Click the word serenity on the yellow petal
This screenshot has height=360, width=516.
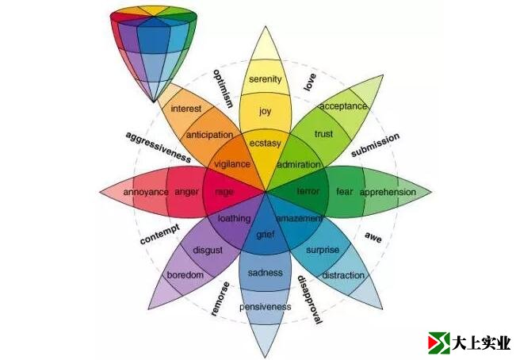[265, 79]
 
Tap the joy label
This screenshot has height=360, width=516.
[265, 111]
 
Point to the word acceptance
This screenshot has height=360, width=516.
[343, 105]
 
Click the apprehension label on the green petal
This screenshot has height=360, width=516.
[388, 192]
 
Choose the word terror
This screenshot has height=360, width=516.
[308, 192]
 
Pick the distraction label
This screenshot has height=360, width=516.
[343, 275]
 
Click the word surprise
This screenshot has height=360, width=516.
[323, 251]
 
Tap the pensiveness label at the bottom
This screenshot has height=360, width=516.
[265, 305]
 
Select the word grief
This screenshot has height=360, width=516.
[265, 234]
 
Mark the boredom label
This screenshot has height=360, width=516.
[185, 275]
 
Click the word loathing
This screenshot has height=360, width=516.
[234, 218]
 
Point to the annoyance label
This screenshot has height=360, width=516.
[146, 192]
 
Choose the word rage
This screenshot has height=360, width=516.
[224, 192]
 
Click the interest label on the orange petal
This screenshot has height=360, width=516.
[185, 109]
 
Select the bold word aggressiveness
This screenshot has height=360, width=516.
[158, 147]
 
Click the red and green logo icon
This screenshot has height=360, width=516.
[438, 343]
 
